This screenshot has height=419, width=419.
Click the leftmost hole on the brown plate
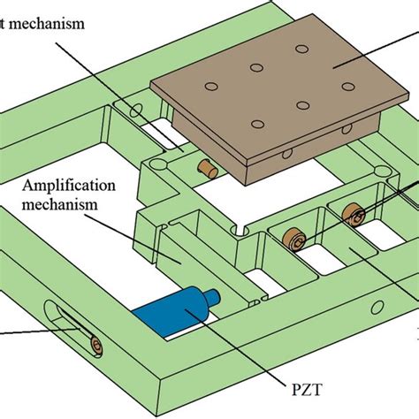[210, 86]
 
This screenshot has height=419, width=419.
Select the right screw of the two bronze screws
[353, 212]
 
